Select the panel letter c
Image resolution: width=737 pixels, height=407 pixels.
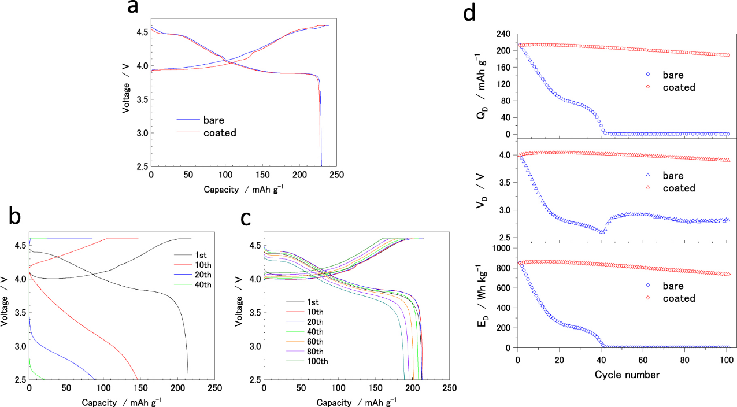(x=246, y=219)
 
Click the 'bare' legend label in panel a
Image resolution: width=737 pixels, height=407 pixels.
(x=214, y=120)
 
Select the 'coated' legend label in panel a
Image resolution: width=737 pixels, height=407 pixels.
(x=220, y=132)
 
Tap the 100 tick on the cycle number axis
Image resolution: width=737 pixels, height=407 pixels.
(x=727, y=360)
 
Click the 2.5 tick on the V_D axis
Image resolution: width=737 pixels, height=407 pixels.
(x=504, y=238)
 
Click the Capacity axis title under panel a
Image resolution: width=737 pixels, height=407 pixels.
(x=244, y=189)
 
